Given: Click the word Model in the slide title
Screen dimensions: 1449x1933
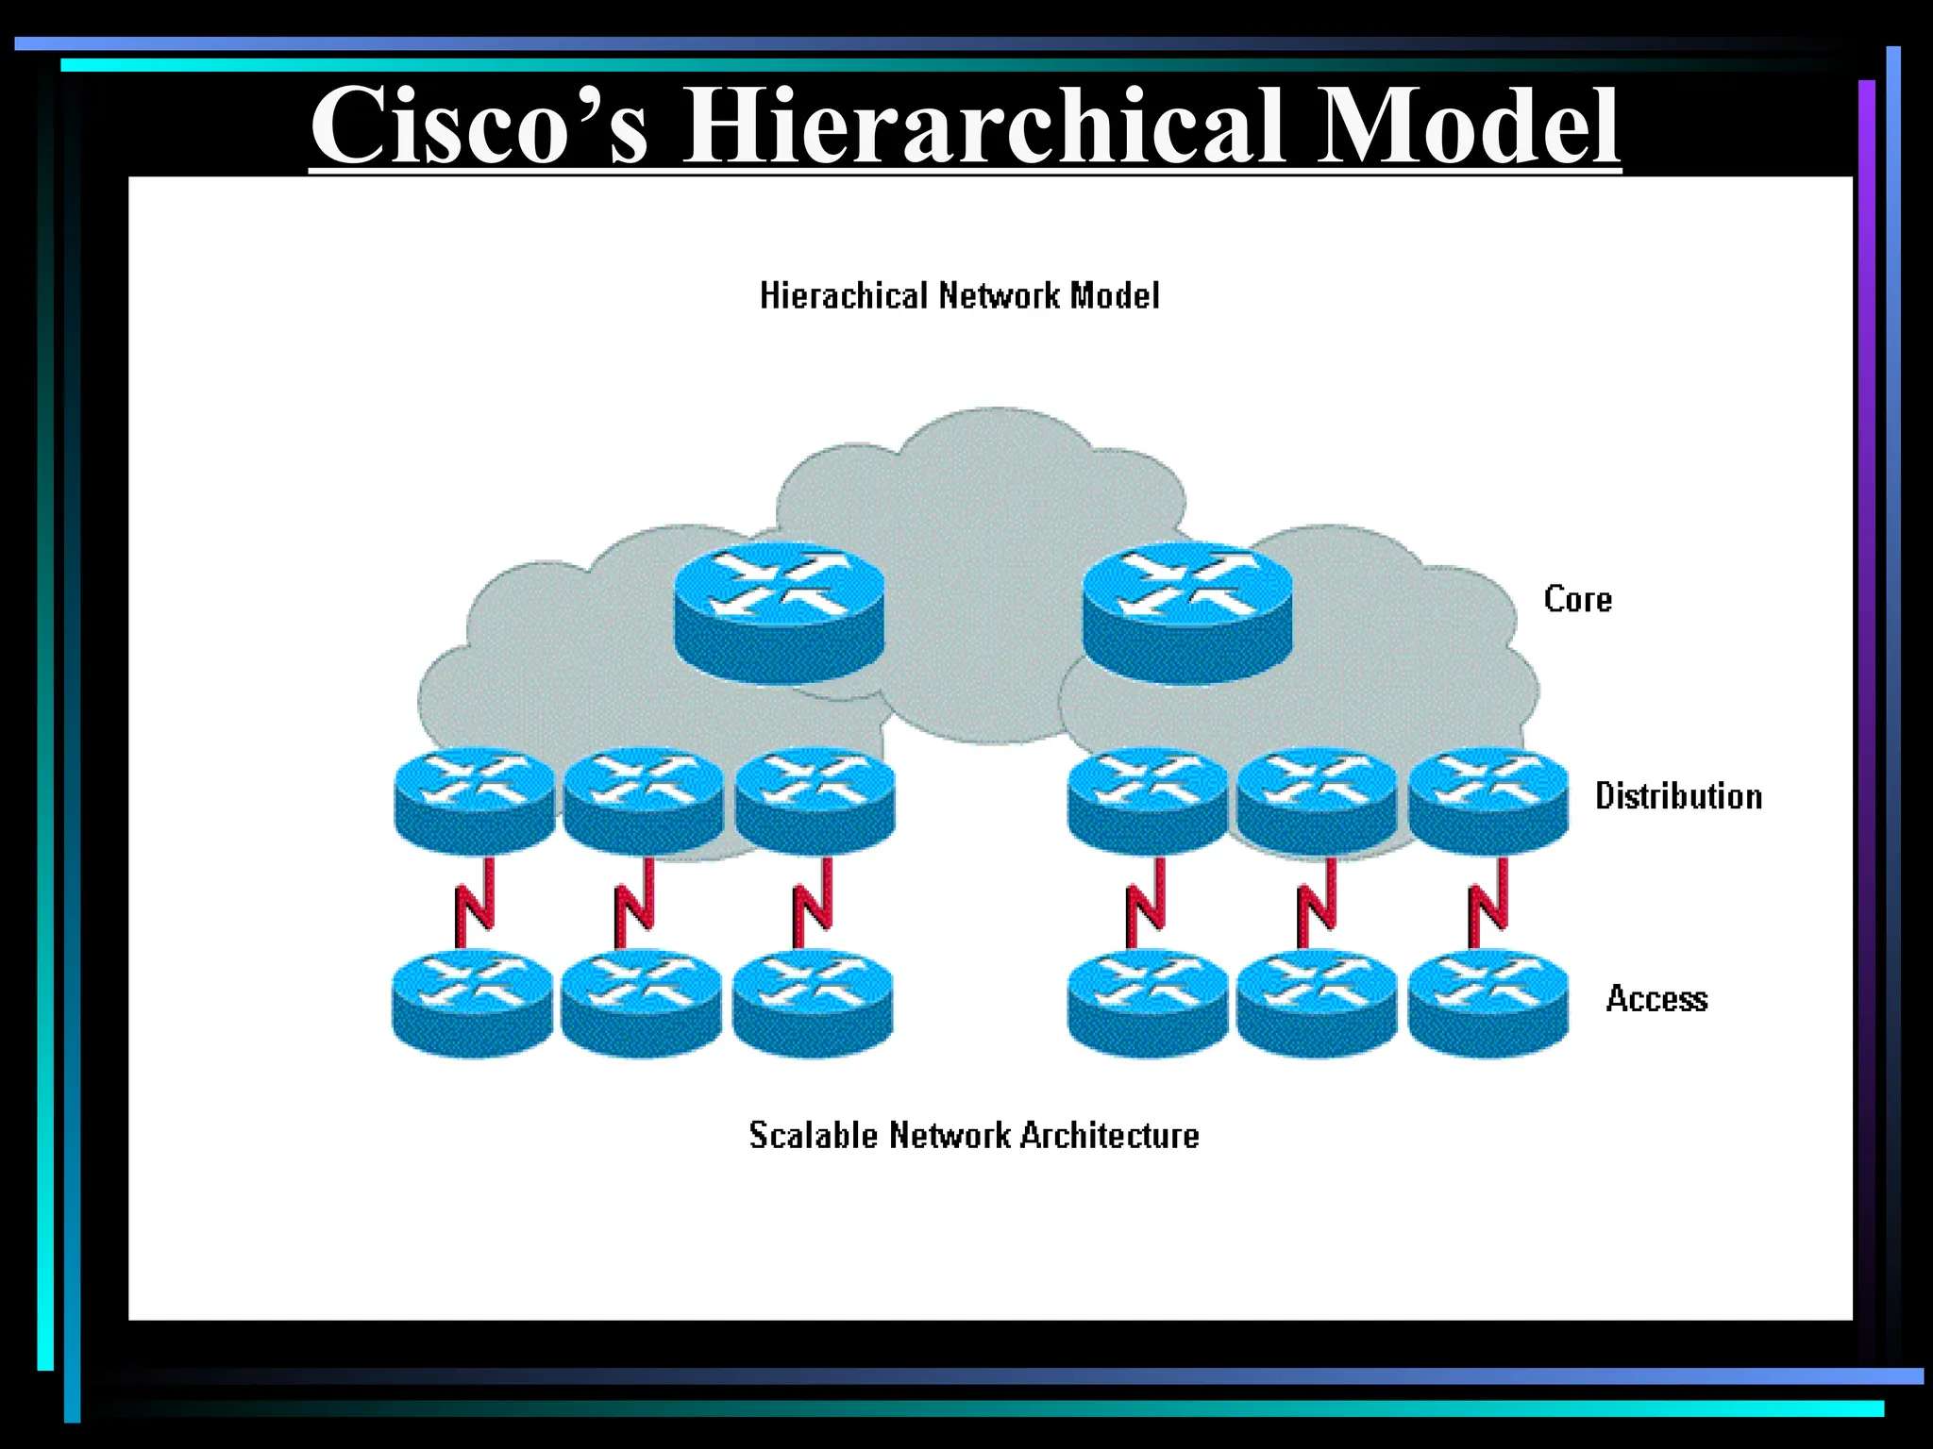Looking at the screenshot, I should click(x=1467, y=126).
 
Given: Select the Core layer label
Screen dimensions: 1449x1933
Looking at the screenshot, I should click(x=1577, y=600).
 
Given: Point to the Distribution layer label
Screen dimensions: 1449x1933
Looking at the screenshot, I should click(x=1678, y=796).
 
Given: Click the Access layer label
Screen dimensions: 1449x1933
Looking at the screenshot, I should click(x=1656, y=998).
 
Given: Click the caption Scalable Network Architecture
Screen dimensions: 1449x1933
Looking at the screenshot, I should click(x=974, y=1135).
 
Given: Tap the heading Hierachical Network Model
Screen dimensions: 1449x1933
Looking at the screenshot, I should click(x=959, y=296).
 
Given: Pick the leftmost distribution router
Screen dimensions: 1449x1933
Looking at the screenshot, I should click(x=475, y=800).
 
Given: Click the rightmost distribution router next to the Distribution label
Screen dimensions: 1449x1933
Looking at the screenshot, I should click(x=1488, y=800).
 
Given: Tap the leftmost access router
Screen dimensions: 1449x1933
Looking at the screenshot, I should click(x=473, y=1002).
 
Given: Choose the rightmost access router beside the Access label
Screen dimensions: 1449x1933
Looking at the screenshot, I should click(x=1488, y=1002).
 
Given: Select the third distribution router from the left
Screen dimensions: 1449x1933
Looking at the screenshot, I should click(x=815, y=800).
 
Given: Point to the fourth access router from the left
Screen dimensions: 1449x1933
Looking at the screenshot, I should click(x=1148, y=1002).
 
